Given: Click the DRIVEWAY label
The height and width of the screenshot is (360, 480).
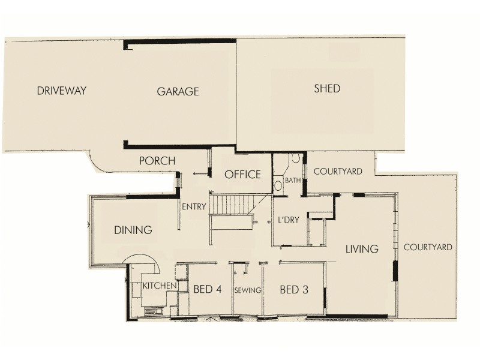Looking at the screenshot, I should pyautogui.click(x=62, y=91).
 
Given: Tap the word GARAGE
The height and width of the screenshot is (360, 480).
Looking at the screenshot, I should pyautogui.click(x=178, y=92).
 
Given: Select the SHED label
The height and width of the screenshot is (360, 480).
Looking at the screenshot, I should pyautogui.click(x=327, y=89).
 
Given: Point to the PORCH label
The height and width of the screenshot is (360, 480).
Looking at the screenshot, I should pyautogui.click(x=157, y=161).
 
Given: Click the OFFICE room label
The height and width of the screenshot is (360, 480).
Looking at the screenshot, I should pyautogui.click(x=242, y=175).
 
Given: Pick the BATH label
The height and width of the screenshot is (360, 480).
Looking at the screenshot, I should pyautogui.click(x=293, y=180).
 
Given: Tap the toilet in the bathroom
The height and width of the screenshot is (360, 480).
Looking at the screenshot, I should pyautogui.click(x=295, y=160).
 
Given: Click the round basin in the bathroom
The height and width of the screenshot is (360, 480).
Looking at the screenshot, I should pyautogui.click(x=278, y=185).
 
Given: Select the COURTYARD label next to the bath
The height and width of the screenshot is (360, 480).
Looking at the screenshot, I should pyautogui.click(x=338, y=172).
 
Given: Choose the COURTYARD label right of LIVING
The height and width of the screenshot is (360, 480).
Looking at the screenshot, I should pyautogui.click(x=428, y=247).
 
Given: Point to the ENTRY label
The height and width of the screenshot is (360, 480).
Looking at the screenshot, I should pyautogui.click(x=194, y=207).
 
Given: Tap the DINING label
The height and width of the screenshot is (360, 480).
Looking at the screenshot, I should pyautogui.click(x=133, y=230).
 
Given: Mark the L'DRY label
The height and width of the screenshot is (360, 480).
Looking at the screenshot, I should pyautogui.click(x=289, y=220).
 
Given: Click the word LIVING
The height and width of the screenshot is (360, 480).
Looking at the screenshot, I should pyautogui.click(x=361, y=249).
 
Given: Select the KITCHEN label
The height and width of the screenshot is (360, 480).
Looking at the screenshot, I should pyautogui.click(x=159, y=286).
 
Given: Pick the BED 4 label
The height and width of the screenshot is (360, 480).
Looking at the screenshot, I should pyautogui.click(x=208, y=290).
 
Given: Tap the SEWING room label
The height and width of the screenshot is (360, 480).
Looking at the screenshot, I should pyautogui.click(x=248, y=290).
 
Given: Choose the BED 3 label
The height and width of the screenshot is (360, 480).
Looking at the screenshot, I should pyautogui.click(x=294, y=290).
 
